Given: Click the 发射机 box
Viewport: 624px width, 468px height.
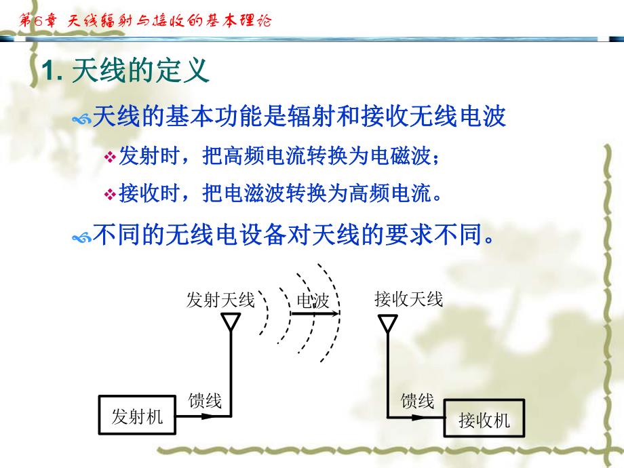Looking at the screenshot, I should pyautogui.click(x=137, y=416).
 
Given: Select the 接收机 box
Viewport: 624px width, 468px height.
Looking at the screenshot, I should pyautogui.click(x=484, y=421).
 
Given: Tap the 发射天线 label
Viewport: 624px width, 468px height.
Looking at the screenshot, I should pyautogui.click(x=220, y=299).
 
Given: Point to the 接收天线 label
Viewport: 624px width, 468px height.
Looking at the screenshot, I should pyautogui.click(x=408, y=298).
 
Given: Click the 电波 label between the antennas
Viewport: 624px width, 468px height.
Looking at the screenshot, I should pyautogui.click(x=312, y=300).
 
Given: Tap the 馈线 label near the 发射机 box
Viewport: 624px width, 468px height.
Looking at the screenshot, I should pyautogui.click(x=205, y=400).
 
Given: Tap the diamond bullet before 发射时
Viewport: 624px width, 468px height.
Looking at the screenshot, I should pyautogui.click(x=110, y=158).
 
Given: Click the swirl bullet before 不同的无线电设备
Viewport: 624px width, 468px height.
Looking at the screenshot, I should pyautogui.click(x=81, y=237).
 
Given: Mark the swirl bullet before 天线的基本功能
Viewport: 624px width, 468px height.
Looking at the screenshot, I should pyautogui.click(x=81, y=119).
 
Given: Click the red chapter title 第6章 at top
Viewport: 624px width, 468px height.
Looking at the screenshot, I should pyautogui.click(x=41, y=20).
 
